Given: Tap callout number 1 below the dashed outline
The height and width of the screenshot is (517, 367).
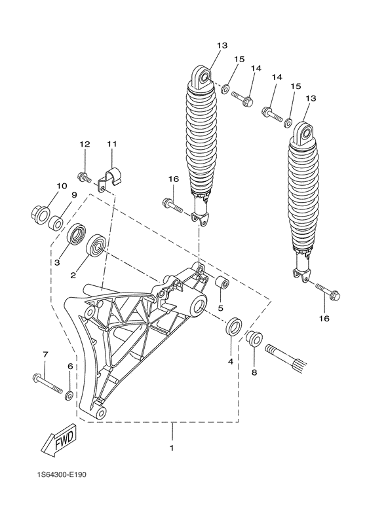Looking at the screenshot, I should tap(172, 448).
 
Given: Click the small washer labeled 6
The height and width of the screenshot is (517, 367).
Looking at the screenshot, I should tap(69, 396).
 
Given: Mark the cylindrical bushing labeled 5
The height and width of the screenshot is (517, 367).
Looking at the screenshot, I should tap(223, 285).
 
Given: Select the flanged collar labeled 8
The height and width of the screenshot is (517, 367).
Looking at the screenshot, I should tap(254, 340).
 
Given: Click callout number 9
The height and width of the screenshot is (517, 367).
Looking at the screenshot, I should tap(74, 195).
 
